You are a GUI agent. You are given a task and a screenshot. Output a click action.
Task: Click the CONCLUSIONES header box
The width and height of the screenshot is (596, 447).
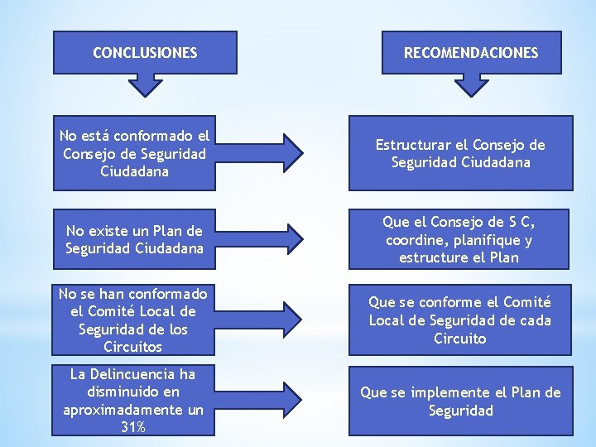pyautogui.click(x=145, y=52)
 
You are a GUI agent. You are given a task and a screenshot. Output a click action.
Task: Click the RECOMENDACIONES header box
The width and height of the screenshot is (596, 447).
pyautogui.click(x=470, y=52)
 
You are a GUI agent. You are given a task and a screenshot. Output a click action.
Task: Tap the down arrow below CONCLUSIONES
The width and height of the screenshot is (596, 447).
pyautogui.click(x=146, y=84)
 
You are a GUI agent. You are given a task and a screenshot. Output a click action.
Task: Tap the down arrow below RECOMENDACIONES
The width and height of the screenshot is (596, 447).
pyautogui.click(x=472, y=84)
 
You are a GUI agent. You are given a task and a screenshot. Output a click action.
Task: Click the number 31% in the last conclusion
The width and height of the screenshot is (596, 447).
pyautogui.click(x=133, y=427)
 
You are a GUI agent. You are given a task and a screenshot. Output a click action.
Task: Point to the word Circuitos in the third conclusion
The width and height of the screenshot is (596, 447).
pyautogui.click(x=133, y=347)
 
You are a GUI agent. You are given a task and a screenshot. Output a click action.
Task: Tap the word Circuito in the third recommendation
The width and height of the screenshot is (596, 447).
pyautogui.click(x=459, y=339)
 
